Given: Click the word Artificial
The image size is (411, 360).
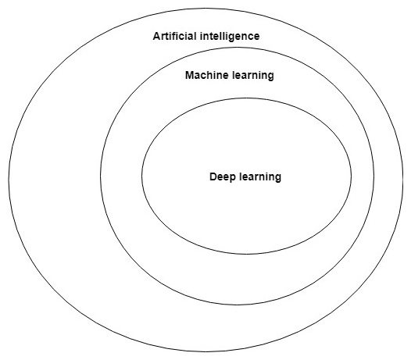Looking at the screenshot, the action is [174, 36].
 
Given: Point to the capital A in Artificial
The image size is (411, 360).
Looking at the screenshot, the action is [157, 36].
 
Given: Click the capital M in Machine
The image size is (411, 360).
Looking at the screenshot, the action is [190, 75].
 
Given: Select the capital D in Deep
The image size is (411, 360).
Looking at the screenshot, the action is [213, 176].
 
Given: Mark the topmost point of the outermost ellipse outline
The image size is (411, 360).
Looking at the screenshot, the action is [205, 9].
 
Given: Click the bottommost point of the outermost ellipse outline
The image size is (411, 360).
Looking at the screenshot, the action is [205, 351].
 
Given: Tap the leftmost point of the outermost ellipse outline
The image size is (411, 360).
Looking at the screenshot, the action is [9, 180].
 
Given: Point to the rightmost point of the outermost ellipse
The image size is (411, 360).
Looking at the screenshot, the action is [403, 180].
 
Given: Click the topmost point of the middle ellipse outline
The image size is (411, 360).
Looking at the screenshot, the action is [238, 48].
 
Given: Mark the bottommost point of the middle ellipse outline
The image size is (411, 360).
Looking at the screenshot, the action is [238, 305].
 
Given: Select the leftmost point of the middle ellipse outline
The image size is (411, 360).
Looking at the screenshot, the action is [101, 176].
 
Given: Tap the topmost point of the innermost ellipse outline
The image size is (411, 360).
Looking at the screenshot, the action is [246, 98].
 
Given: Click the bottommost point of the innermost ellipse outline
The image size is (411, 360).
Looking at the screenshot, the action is [246, 254].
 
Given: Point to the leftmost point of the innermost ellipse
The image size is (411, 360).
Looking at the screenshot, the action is [141, 176].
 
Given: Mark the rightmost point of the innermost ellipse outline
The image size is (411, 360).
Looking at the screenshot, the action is [352, 176].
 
